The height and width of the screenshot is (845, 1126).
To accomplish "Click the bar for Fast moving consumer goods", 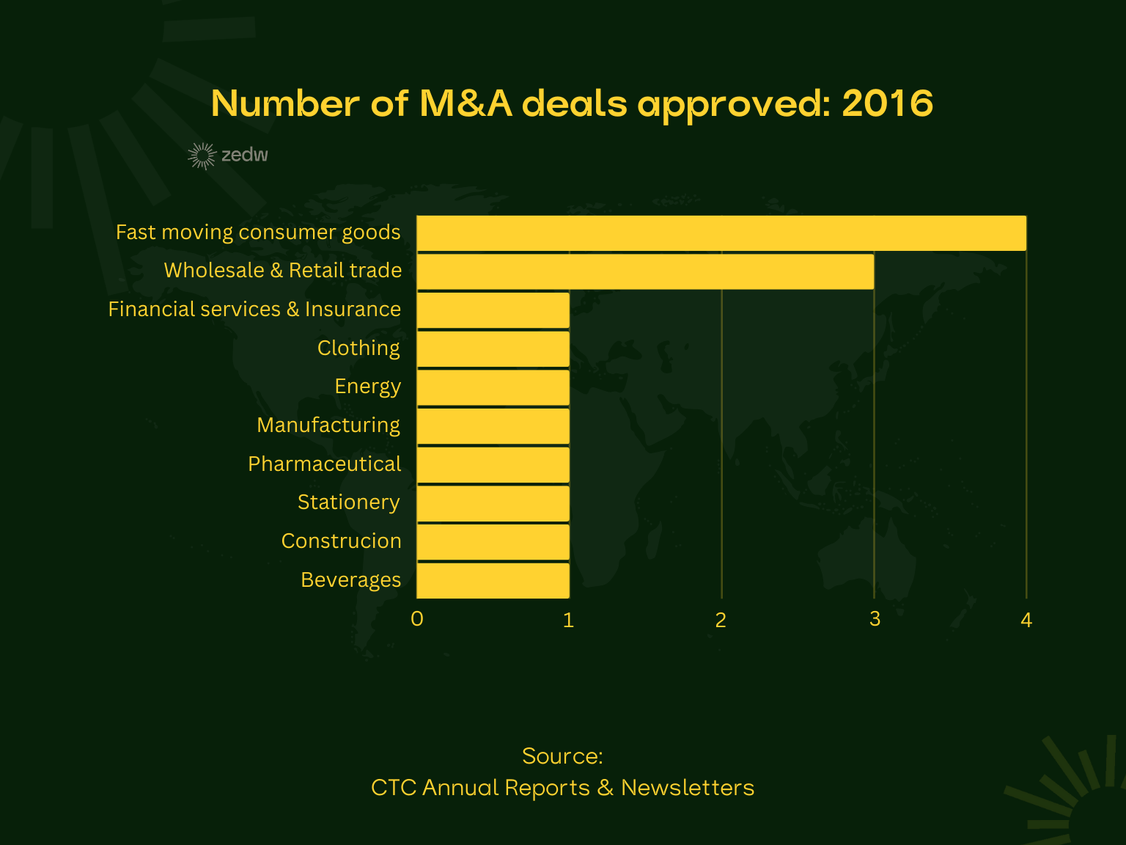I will coord(721,233).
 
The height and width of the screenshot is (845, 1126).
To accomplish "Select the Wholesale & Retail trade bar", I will coord(645,271).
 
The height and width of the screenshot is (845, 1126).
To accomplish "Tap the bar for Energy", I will coord(493,387).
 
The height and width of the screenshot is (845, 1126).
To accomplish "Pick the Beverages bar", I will coord(493,580).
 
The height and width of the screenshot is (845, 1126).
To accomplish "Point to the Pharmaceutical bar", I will coord(493,464).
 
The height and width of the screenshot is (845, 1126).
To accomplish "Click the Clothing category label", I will coord(358,348).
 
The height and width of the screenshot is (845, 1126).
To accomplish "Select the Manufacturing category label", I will coord(328,425).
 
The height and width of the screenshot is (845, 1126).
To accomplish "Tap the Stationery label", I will coord(349,502).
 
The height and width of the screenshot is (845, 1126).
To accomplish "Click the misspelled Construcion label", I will coord(342,541).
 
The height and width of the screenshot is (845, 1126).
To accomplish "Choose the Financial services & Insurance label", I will coord(254,310).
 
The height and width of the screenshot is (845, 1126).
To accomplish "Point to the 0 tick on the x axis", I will coord(417,619).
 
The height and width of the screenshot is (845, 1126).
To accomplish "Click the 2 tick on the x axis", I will coord(721,621).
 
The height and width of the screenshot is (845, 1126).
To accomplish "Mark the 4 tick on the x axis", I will coord(1026,621).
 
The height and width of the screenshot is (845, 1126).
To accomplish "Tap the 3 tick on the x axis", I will coord(875,619).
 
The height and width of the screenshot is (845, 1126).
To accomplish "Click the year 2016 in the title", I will coord(887,103).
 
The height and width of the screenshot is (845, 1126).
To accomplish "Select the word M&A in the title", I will coord(466,103).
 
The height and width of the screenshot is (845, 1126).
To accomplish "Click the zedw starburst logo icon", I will coord(202,156).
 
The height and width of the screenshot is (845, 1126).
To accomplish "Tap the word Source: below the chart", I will coord(562,756).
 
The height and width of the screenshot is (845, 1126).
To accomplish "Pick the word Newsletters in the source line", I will coord(688,788).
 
